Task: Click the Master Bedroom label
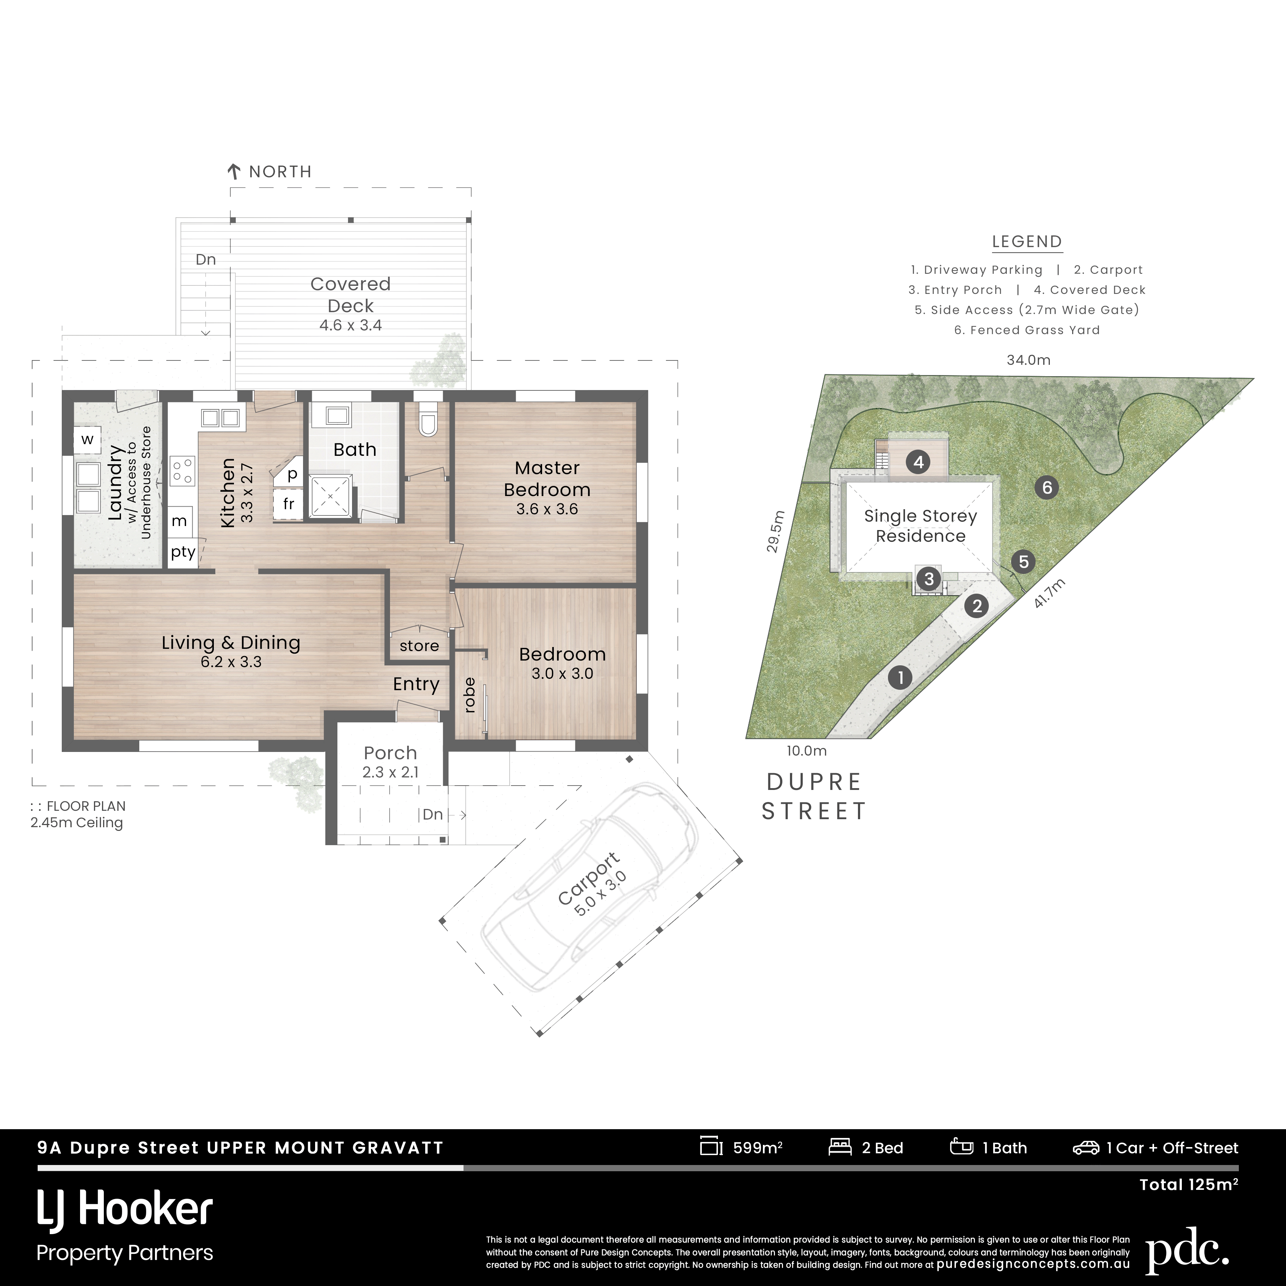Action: [547, 479]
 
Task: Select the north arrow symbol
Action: [234, 172]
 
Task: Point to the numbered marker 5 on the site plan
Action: [1024, 562]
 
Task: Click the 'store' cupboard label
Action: [419, 646]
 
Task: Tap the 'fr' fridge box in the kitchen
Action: [288, 504]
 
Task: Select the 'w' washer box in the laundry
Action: [87, 439]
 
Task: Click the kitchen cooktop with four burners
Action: [182, 470]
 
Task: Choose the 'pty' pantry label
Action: [183, 552]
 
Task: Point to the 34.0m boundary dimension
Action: [1028, 360]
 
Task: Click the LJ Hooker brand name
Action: [125, 1210]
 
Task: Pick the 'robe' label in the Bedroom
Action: [469, 695]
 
